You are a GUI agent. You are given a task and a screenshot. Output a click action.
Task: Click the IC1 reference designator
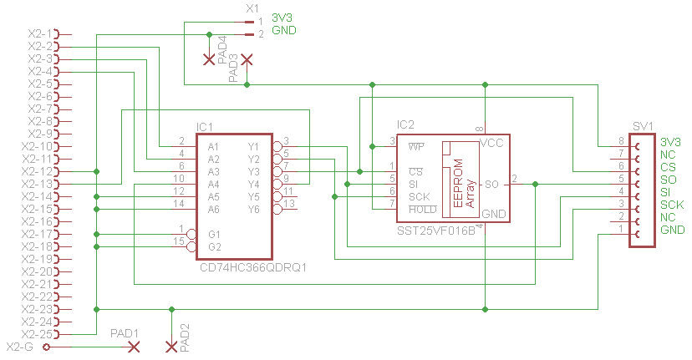click(x=204, y=127)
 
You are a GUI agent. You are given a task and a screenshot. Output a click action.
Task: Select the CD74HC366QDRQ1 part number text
click(x=253, y=267)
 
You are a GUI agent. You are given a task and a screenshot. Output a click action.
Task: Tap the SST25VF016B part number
click(x=436, y=231)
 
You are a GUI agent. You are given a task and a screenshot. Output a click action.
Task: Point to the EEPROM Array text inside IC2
click(x=464, y=183)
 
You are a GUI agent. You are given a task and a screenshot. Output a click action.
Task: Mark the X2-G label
click(x=20, y=347)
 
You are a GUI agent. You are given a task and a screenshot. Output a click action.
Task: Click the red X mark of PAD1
click(x=133, y=347)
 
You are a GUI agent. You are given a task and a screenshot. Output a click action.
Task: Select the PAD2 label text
click(x=185, y=338)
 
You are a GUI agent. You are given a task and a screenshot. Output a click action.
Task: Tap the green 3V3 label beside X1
click(x=282, y=18)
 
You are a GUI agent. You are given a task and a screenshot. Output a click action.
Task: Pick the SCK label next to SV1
click(x=672, y=205)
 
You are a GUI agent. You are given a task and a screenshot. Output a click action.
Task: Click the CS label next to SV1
click(x=668, y=167)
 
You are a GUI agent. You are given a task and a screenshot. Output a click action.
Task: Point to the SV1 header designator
click(x=643, y=127)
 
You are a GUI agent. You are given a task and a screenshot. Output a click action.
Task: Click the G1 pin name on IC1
click(x=214, y=234)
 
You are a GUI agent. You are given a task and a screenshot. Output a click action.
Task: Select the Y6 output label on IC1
click(x=253, y=209)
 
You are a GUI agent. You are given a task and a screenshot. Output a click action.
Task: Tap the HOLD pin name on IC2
click(x=423, y=210)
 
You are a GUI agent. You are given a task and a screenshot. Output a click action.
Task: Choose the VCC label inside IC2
click(x=491, y=143)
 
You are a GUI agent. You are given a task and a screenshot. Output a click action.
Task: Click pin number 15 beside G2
click(x=179, y=241)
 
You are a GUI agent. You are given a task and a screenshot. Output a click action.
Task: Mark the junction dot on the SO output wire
click(x=536, y=184)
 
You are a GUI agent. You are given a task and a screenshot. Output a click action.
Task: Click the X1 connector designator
click(x=252, y=8)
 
